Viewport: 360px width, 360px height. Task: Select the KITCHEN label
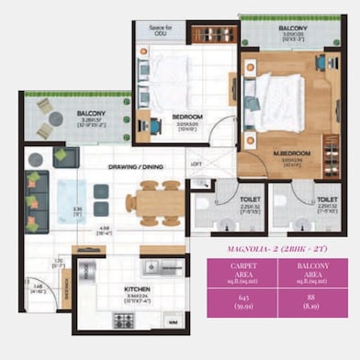(x=137, y=287)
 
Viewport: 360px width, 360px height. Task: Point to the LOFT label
(x=197, y=163)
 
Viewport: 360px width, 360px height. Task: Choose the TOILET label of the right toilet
(x=327, y=198)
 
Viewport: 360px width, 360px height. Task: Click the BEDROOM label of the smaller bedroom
(x=186, y=118)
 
